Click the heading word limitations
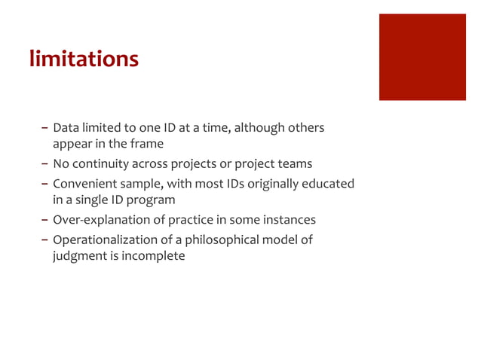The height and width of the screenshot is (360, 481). coord(84,59)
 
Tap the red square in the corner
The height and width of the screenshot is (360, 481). coord(421,57)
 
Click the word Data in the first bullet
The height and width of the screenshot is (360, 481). coord(66,127)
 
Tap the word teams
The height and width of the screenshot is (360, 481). coord(294,163)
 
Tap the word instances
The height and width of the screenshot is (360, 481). coord(289,220)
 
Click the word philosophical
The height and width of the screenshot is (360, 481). coord(226,240)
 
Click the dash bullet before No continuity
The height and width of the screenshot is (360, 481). coord(45,163)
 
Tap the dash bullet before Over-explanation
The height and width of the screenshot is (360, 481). coord(45,220)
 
